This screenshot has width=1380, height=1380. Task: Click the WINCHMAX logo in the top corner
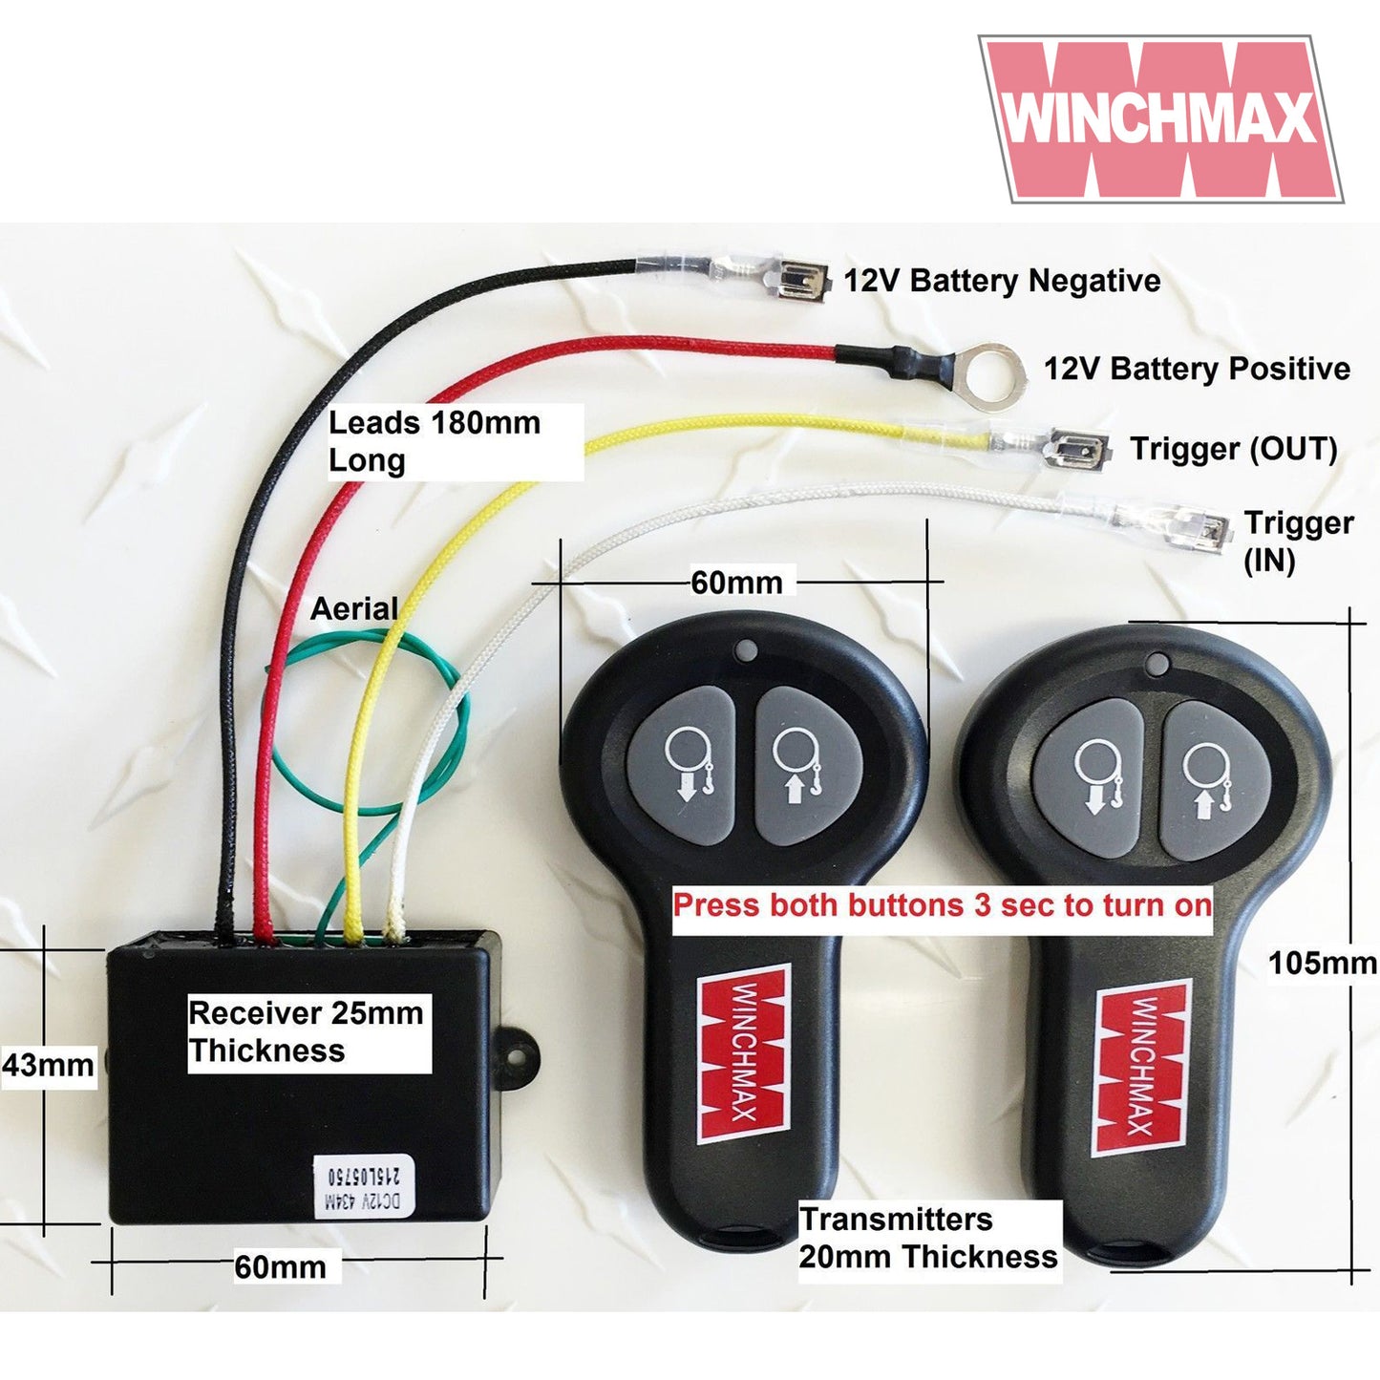point(1160,118)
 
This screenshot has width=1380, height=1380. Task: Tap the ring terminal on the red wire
point(993,373)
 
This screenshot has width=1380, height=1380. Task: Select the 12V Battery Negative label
point(1002,281)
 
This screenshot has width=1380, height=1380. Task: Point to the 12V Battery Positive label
point(1196,369)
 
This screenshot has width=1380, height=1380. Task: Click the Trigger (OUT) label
point(1233,449)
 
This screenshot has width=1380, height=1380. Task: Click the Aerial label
point(354,608)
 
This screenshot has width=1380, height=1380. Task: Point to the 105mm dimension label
point(1322,964)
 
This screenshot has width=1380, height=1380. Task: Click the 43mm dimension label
point(48,1065)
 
